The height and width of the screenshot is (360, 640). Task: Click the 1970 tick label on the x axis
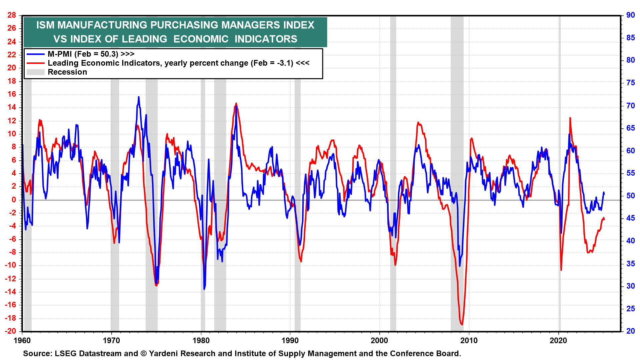[x=111, y=340]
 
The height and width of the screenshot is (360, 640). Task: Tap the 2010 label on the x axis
[x=469, y=340]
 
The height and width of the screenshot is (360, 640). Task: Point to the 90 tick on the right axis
[x=630, y=15]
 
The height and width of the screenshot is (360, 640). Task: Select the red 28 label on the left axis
[x=12, y=15]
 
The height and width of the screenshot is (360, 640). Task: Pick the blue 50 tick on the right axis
[x=630, y=196]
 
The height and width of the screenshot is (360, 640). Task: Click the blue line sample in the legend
[x=36, y=54]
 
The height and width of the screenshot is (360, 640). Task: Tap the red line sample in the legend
[x=36, y=63]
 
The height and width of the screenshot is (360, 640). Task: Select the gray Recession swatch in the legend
[x=36, y=72]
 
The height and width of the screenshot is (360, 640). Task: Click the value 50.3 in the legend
[x=109, y=54]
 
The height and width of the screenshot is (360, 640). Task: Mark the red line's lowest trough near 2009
[x=462, y=324]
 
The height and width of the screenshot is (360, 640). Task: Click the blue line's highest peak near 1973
[x=139, y=97]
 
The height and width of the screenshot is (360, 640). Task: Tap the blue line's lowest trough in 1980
[x=204, y=289]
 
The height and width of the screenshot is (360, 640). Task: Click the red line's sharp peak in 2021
[x=570, y=118]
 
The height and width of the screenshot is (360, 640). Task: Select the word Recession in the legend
[x=67, y=72]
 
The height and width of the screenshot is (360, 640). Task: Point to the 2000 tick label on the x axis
[x=380, y=340]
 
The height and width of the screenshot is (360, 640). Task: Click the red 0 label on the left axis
[x=14, y=200]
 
